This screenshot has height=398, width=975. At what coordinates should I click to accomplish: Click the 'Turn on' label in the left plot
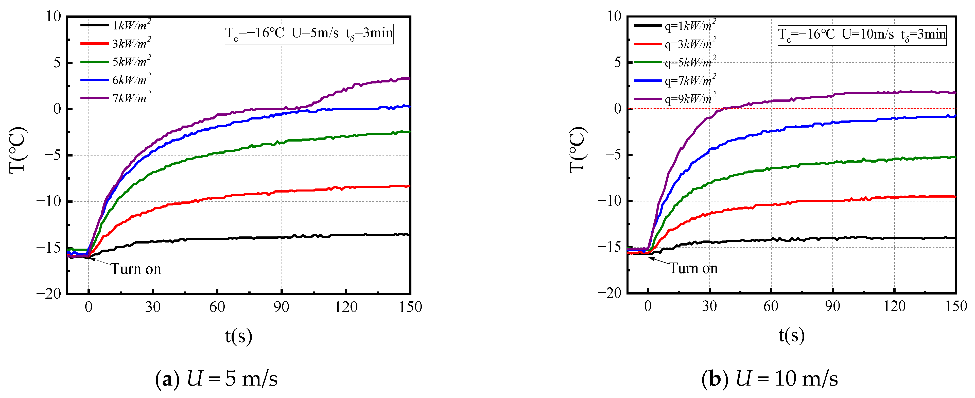[135, 269]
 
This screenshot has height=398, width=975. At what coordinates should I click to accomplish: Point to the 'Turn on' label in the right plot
[693, 268]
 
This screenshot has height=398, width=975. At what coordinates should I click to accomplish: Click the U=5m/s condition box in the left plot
[309, 34]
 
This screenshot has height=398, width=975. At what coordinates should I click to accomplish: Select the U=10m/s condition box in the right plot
[862, 35]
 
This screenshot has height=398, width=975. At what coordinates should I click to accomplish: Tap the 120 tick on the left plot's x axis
[345, 307]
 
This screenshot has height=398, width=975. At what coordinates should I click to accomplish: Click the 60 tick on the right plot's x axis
[771, 306]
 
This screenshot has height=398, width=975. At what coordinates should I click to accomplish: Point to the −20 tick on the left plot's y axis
[48, 293]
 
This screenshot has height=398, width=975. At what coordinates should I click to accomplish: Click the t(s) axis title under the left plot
[238, 336]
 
